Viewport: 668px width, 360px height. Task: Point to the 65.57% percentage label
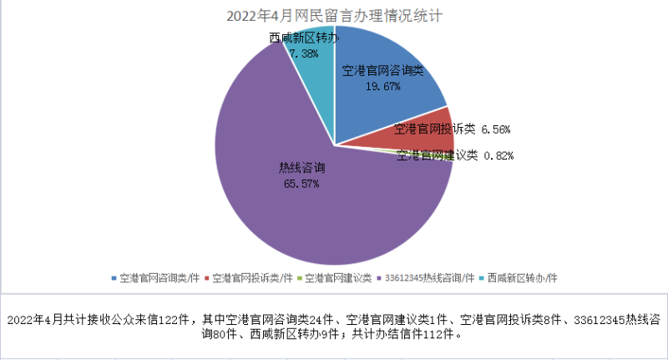click(x=301, y=183)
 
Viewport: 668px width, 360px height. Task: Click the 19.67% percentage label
click(x=383, y=85)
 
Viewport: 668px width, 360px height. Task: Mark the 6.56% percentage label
click(x=496, y=129)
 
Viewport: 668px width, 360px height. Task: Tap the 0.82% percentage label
click(x=498, y=155)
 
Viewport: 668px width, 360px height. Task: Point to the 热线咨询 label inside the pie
click(x=301, y=168)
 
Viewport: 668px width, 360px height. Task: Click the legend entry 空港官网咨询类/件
click(x=158, y=276)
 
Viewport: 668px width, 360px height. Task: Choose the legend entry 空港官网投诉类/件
click(x=251, y=276)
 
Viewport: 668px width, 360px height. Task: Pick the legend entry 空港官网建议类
click(x=337, y=276)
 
